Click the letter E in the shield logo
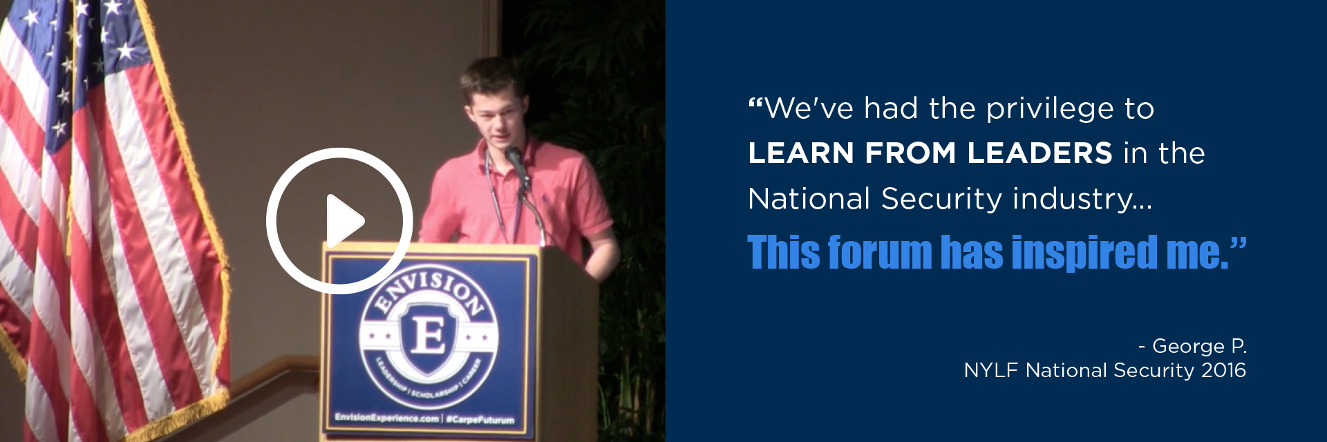coord(429,336)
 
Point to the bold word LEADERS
coord(1039,153)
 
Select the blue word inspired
coord(1084,253)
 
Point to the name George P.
coord(1199,346)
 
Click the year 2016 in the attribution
coord(1223,370)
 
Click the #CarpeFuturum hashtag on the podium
coord(480,419)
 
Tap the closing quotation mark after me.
coord(1239,243)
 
